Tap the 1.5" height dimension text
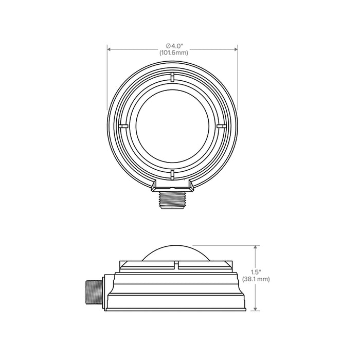pos(263,272)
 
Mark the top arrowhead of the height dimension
pos(256,247)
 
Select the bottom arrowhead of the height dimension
pos(256,310)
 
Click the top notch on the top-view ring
pos(172,78)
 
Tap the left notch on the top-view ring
pos(122,125)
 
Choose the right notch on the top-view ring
pos(222,125)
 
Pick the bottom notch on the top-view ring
pos(172,174)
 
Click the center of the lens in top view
pos(172,125)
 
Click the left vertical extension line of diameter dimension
pos(107,77)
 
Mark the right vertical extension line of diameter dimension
pos(237,77)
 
